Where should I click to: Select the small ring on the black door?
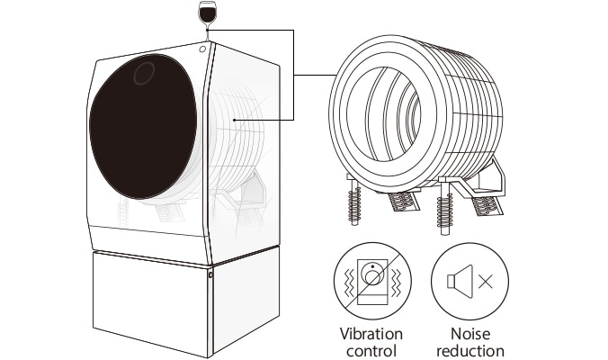pyautogui.click(x=144, y=75)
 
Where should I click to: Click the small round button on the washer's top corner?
pyautogui.click(x=204, y=48)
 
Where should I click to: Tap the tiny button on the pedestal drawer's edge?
pyautogui.click(x=210, y=275)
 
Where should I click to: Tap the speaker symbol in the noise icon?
pyautogui.click(x=456, y=281)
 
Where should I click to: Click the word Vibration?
pyautogui.click(x=371, y=334)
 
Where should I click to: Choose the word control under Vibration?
pyautogui.click(x=371, y=350)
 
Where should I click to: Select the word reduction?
pyautogui.click(x=468, y=350)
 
